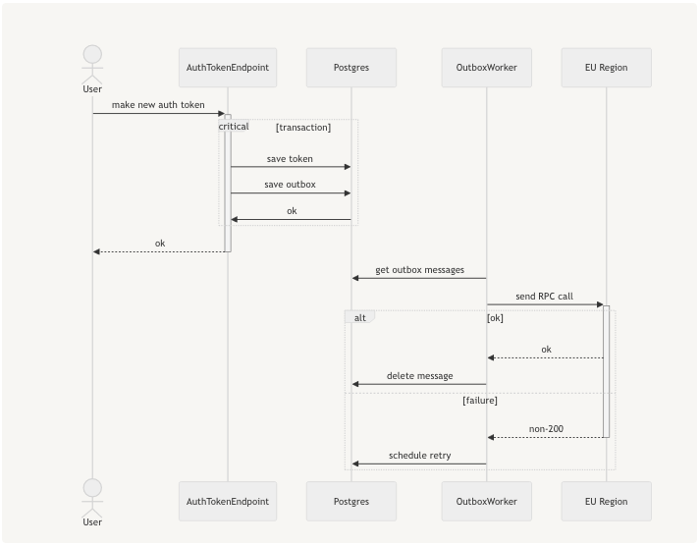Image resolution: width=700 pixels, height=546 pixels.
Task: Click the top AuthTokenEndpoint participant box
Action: pyautogui.click(x=228, y=68)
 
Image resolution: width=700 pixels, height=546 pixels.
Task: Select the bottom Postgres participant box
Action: pyautogui.click(x=351, y=501)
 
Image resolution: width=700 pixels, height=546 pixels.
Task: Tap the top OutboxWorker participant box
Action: pyautogui.click(x=486, y=68)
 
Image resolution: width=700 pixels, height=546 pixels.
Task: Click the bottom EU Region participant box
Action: pyautogui.click(x=606, y=501)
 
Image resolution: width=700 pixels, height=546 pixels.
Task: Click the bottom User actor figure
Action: pyautogui.click(x=92, y=499)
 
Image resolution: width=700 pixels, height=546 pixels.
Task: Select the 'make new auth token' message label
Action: pyautogui.click(x=158, y=105)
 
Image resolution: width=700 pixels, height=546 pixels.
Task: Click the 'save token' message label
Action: pyautogui.click(x=290, y=158)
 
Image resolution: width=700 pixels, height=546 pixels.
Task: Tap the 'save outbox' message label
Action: pyautogui.click(x=290, y=185)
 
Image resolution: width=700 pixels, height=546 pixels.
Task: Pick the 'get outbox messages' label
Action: pyautogui.click(x=419, y=270)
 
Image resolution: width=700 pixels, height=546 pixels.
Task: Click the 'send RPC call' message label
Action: pyautogui.click(x=544, y=296)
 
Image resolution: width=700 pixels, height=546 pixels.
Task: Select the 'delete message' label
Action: pyautogui.click(x=419, y=376)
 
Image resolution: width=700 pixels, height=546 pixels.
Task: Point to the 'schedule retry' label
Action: pyautogui.click(x=419, y=456)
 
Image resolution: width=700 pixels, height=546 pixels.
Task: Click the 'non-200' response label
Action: pyautogui.click(x=546, y=429)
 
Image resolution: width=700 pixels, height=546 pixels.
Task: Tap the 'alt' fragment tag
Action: pyautogui.click(x=359, y=318)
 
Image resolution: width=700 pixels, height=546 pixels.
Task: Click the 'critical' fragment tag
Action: pyautogui.click(x=234, y=127)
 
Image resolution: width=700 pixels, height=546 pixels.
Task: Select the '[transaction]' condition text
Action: pyautogui.click(x=303, y=128)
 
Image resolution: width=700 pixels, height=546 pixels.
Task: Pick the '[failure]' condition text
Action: pyautogui.click(x=480, y=401)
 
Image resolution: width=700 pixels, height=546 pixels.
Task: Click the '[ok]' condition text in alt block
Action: pyautogui.click(x=495, y=318)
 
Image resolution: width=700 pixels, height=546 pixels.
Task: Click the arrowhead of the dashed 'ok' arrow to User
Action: pyautogui.click(x=96, y=251)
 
